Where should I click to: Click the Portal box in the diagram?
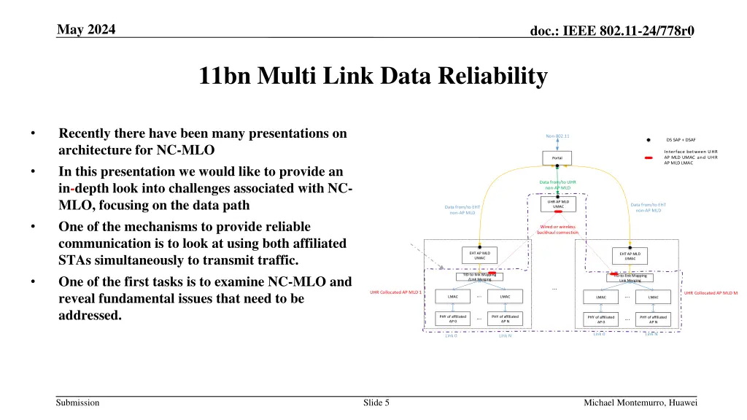click(x=557, y=158)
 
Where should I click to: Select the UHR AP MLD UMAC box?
click(x=558, y=203)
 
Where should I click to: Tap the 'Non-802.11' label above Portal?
click(x=557, y=136)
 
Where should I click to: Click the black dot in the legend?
click(x=649, y=140)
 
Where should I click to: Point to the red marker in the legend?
click(x=649, y=157)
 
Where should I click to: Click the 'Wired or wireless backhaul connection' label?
click(x=558, y=230)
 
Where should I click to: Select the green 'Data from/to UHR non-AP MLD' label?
click(x=558, y=185)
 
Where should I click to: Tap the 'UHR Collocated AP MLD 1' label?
click(x=395, y=292)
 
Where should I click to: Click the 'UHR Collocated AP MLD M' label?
click(x=711, y=293)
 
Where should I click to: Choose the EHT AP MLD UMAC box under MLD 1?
click(x=479, y=254)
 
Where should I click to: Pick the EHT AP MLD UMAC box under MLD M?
click(x=629, y=255)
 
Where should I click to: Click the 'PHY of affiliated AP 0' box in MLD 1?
click(x=452, y=318)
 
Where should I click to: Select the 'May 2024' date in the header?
click(x=86, y=29)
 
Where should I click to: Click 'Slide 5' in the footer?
click(x=376, y=402)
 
